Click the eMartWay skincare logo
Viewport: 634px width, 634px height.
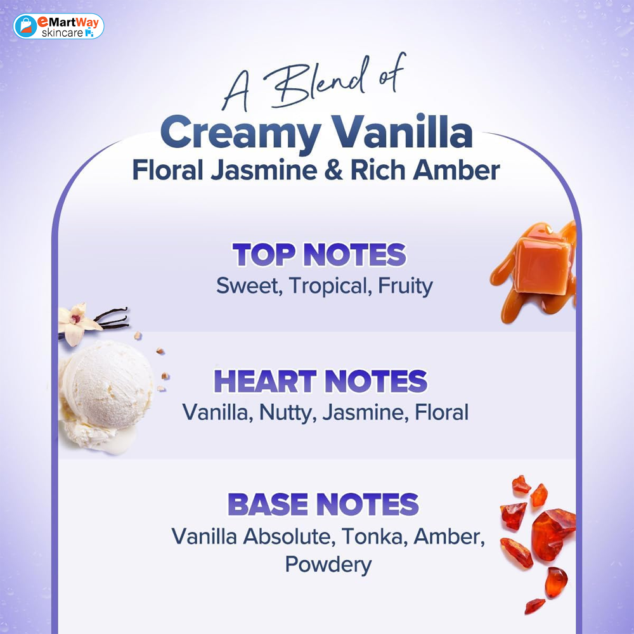pos(58,26)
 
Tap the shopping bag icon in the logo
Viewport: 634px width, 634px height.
pos(26,26)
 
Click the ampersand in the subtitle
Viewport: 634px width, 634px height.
pos(333,170)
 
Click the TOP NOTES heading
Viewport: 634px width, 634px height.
pos(319,255)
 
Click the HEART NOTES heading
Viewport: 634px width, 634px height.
pos(320,381)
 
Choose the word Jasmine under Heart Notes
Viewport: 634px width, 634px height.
pos(363,413)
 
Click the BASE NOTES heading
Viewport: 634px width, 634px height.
pos(323,504)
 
